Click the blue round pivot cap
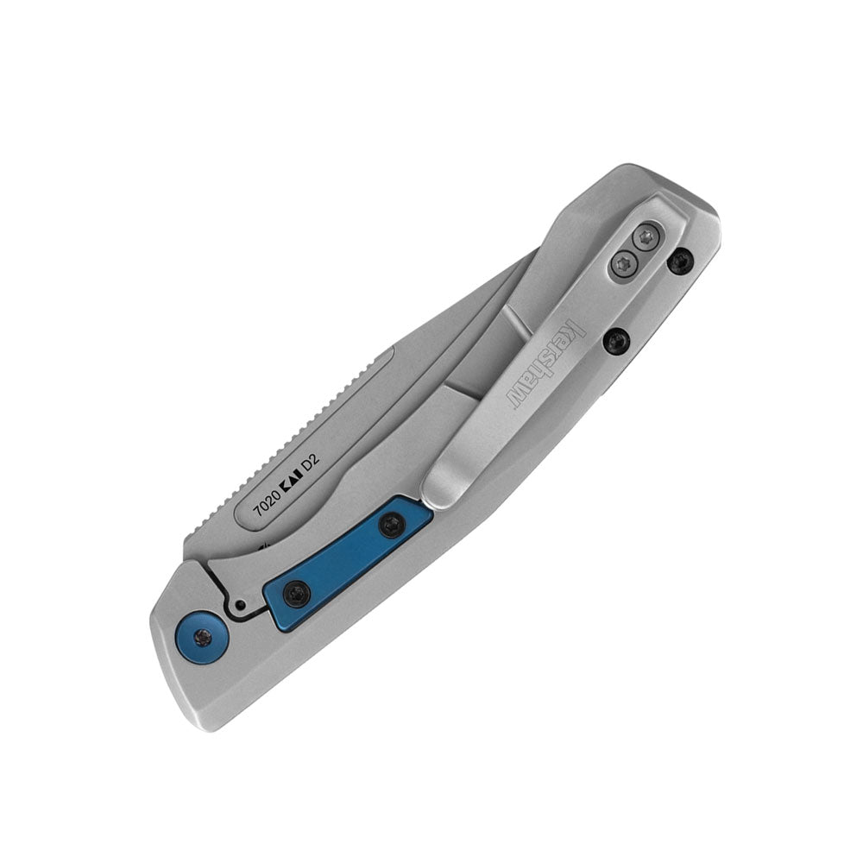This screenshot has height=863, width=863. click(x=204, y=637)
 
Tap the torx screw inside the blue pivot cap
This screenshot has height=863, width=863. click(x=204, y=638)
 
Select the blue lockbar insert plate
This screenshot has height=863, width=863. click(x=347, y=560)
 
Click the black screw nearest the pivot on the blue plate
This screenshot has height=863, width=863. click(x=297, y=594)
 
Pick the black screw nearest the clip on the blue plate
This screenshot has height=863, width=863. click(x=391, y=526)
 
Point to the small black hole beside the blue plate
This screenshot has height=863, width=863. click(x=239, y=604)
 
